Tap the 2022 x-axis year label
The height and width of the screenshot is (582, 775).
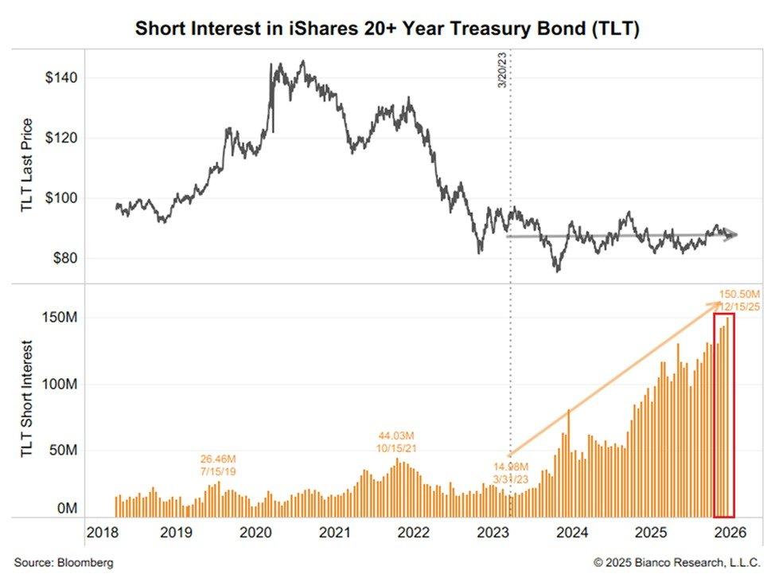[415, 532]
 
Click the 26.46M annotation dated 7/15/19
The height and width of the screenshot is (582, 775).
[217, 466]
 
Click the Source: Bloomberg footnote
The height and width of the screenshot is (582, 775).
[64, 563]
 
